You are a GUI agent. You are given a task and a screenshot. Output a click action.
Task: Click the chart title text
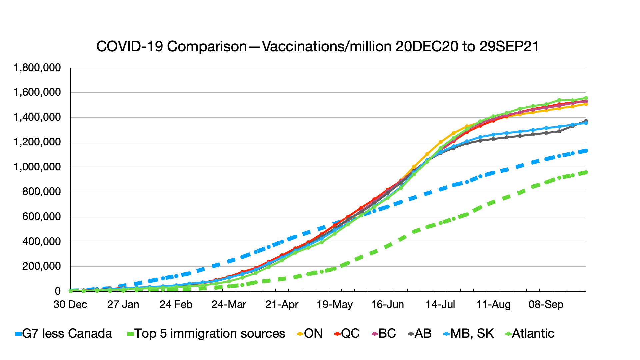(x=317, y=46)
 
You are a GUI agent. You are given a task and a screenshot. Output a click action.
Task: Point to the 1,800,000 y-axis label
(x=37, y=68)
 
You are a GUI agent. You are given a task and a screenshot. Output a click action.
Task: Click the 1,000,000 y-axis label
(x=37, y=167)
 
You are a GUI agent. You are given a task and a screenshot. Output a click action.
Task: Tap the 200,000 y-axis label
(x=42, y=266)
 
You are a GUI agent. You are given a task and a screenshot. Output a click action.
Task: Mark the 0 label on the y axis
(x=58, y=291)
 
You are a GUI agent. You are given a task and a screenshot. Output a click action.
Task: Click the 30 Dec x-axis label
(x=70, y=304)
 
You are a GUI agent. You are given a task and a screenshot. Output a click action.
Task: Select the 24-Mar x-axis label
(x=229, y=304)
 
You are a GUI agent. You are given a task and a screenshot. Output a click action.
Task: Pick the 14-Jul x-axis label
(x=440, y=304)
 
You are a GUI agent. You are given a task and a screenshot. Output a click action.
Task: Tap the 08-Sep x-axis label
(x=546, y=304)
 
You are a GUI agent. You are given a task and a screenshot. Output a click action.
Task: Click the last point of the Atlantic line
(x=586, y=98)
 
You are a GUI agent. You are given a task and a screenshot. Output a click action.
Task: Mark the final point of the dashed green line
(x=586, y=172)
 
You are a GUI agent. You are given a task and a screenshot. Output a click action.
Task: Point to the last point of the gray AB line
(x=586, y=121)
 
